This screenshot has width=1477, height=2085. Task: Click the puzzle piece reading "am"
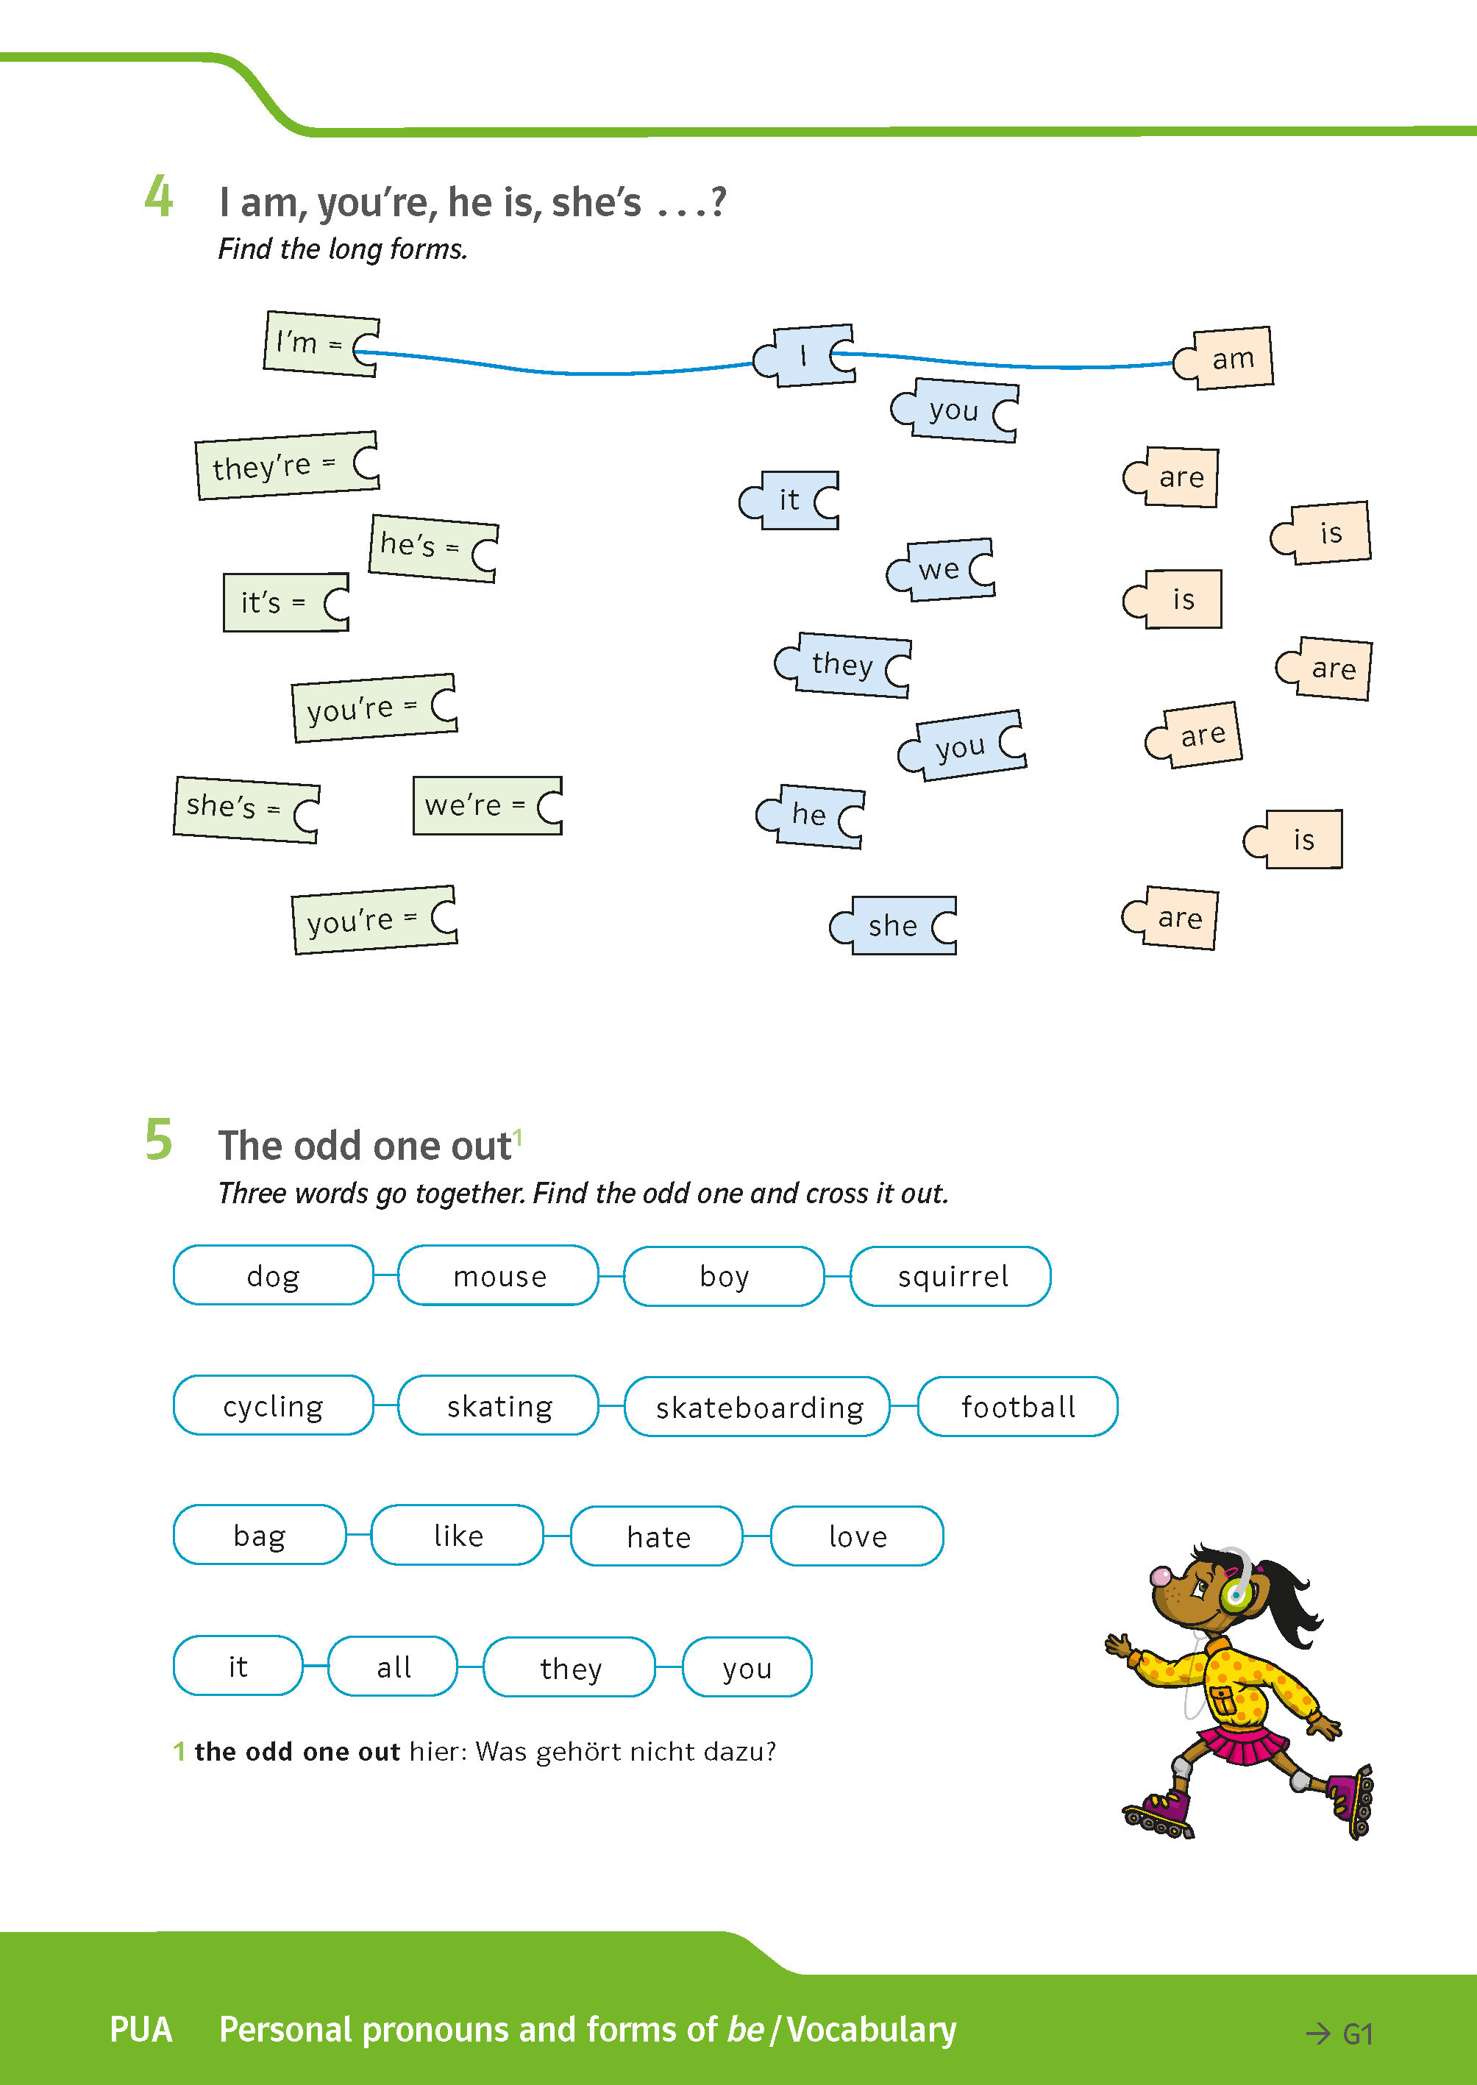tap(1228, 358)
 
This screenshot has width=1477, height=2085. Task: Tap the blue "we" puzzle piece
tap(942, 570)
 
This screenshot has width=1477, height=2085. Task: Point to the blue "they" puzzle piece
tap(844, 665)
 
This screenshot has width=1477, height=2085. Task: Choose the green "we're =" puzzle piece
tap(487, 805)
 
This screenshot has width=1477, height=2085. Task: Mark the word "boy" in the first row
tap(724, 1276)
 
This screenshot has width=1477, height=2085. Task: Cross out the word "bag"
tap(259, 1535)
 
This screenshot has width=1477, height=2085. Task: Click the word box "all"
tap(393, 1666)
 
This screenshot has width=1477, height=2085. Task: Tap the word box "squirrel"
tap(951, 1276)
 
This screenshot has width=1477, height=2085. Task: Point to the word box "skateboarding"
tap(758, 1407)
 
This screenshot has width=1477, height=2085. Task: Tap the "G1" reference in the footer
tap(1356, 2034)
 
